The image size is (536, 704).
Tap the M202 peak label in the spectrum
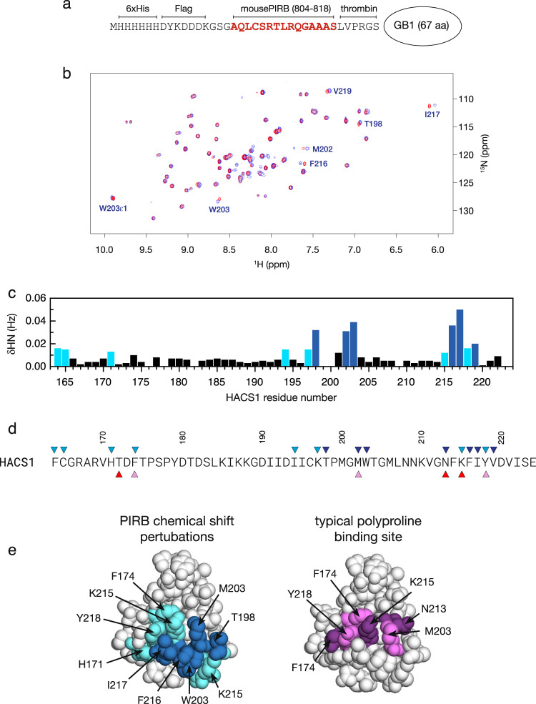point(322,149)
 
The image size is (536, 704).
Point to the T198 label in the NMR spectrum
point(373,124)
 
